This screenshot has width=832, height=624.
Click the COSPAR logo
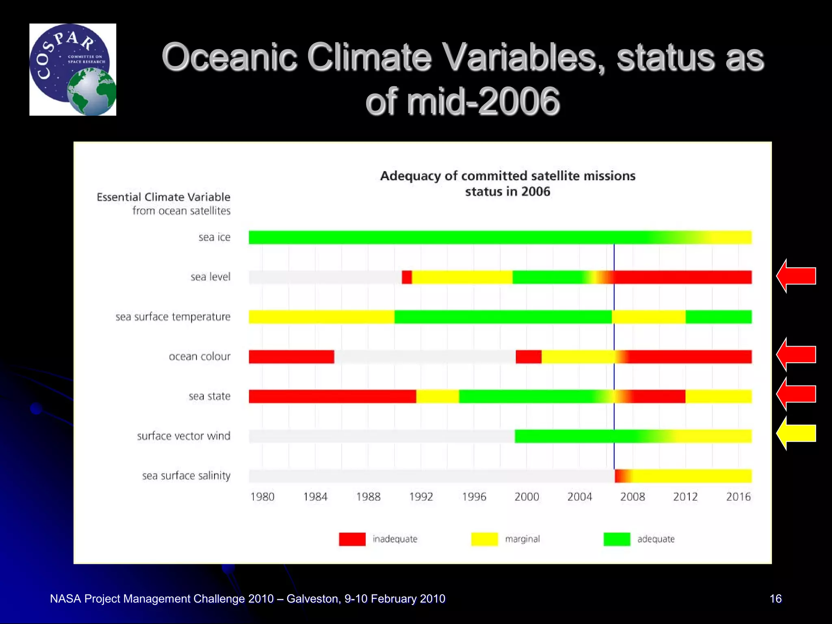(73, 69)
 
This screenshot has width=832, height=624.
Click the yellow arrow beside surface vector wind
(796, 433)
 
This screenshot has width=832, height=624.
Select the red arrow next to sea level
(796, 276)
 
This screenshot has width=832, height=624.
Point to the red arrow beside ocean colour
(796, 354)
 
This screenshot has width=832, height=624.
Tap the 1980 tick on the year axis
(262, 496)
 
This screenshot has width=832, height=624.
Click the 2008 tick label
(633, 496)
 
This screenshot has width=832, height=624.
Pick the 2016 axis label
(738, 496)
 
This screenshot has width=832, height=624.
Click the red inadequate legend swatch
(352, 539)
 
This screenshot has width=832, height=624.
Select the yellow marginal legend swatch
(484, 539)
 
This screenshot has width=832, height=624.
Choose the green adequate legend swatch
(617, 539)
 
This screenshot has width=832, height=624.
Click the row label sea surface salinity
(186, 476)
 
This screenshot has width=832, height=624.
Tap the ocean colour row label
(199, 356)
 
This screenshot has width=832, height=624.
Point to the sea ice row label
(214, 237)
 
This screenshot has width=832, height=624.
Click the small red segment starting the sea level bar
(407, 277)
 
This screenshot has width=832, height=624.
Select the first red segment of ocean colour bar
(291, 357)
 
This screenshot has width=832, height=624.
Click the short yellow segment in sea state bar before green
(438, 396)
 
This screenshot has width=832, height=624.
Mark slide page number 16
(776, 598)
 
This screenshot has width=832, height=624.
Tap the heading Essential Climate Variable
(163, 197)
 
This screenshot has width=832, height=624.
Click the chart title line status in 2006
(507, 191)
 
